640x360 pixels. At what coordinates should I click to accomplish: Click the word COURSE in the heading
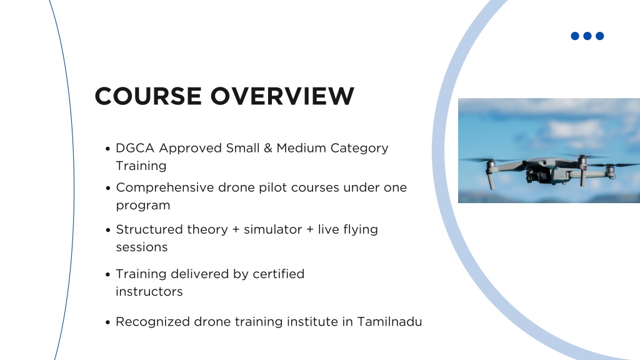tap(148, 96)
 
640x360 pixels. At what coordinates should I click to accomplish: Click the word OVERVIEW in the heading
tap(282, 96)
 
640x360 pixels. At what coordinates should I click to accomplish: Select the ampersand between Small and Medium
tap(267, 147)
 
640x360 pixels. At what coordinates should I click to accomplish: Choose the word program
tap(143, 206)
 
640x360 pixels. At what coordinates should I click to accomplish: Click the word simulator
tap(272, 229)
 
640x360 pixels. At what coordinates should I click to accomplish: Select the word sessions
tap(142, 247)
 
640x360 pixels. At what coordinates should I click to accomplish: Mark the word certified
tap(278, 274)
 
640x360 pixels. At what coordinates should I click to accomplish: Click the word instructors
tap(149, 292)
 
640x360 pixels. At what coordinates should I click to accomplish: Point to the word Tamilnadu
tap(389, 322)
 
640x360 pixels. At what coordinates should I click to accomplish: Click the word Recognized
tap(153, 322)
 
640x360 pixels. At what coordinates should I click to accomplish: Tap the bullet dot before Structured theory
tap(107, 230)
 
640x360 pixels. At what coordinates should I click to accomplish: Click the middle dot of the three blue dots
tap(587, 36)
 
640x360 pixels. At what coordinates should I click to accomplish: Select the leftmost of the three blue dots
tap(575, 36)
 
